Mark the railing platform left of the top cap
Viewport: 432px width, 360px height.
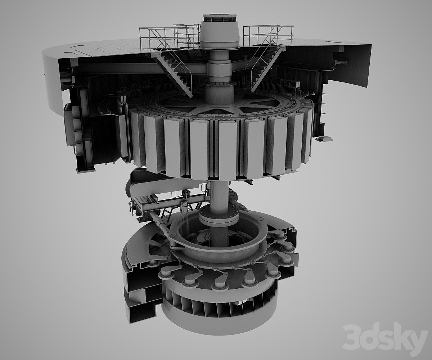tap(166, 37)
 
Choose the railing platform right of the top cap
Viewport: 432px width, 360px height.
tap(268, 35)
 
